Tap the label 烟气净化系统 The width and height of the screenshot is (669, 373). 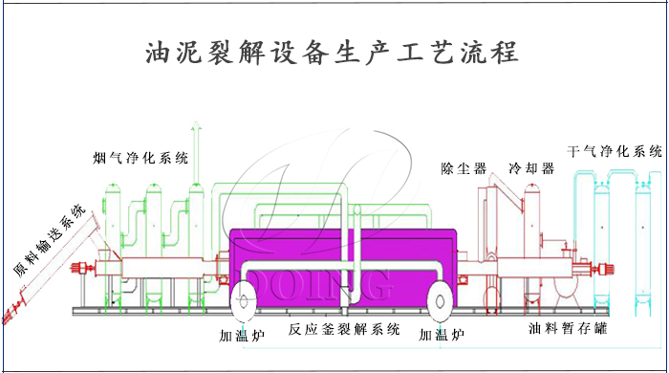coord(140,157)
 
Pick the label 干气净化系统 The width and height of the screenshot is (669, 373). coord(615,151)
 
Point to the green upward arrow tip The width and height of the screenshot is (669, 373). coord(196,126)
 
